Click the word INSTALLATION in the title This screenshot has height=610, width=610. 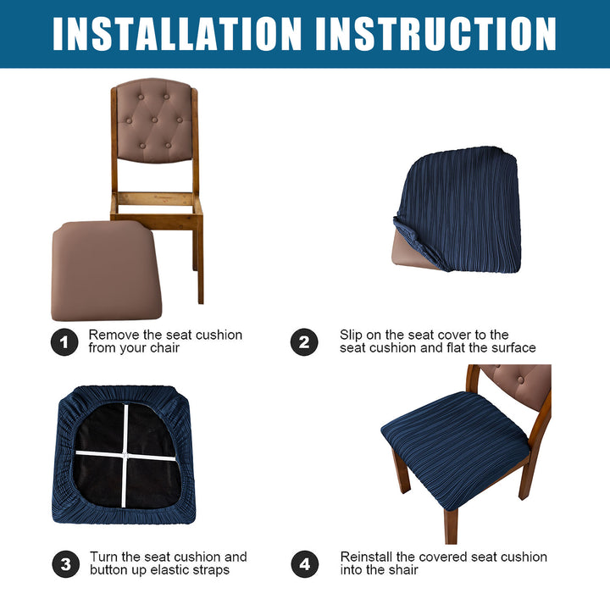tap(177, 34)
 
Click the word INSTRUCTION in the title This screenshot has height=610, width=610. tap(436, 34)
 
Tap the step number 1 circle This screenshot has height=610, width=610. tap(64, 342)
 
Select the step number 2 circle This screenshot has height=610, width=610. tap(304, 342)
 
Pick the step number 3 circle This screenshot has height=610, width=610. tap(65, 563)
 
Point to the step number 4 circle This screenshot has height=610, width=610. tap(305, 563)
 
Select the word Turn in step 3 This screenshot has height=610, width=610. tap(103, 557)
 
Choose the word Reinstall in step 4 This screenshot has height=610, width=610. tap(367, 557)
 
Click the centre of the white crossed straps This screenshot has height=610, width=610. tap(125, 454)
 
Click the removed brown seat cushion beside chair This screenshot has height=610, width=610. tap(106, 271)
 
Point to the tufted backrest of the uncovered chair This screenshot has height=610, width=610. tap(154, 119)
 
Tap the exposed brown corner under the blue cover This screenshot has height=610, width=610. tap(408, 252)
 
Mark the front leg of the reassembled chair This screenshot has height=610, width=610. tap(451, 525)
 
